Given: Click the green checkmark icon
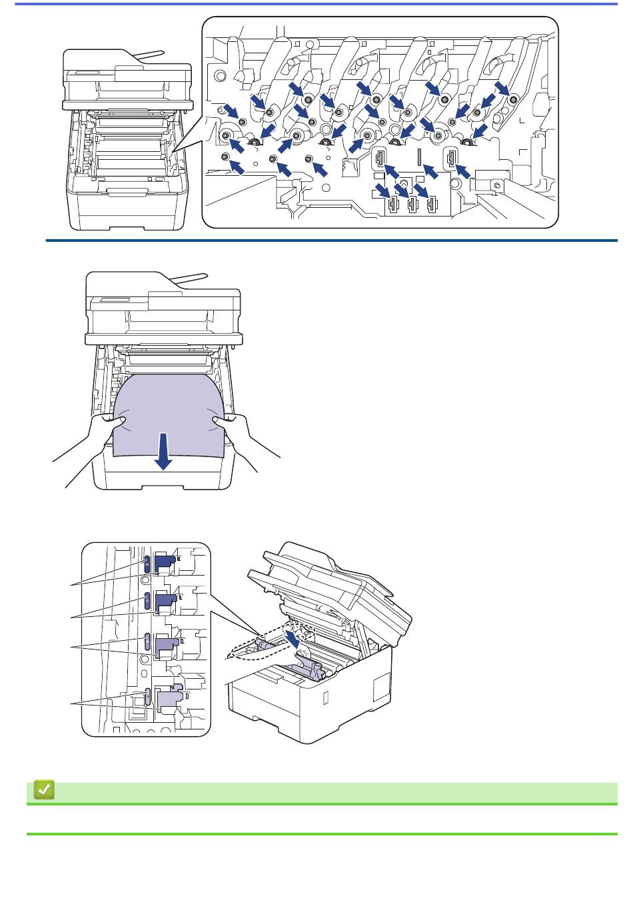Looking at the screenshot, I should tap(44, 791).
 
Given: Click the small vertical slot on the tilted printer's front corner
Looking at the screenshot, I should tap(325, 697).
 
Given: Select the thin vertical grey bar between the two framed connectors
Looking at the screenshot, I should tap(419, 157).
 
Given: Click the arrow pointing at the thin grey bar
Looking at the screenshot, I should tap(430, 172).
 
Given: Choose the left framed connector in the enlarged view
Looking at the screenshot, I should tap(379, 158).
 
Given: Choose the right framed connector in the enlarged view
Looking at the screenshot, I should tap(452, 158).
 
